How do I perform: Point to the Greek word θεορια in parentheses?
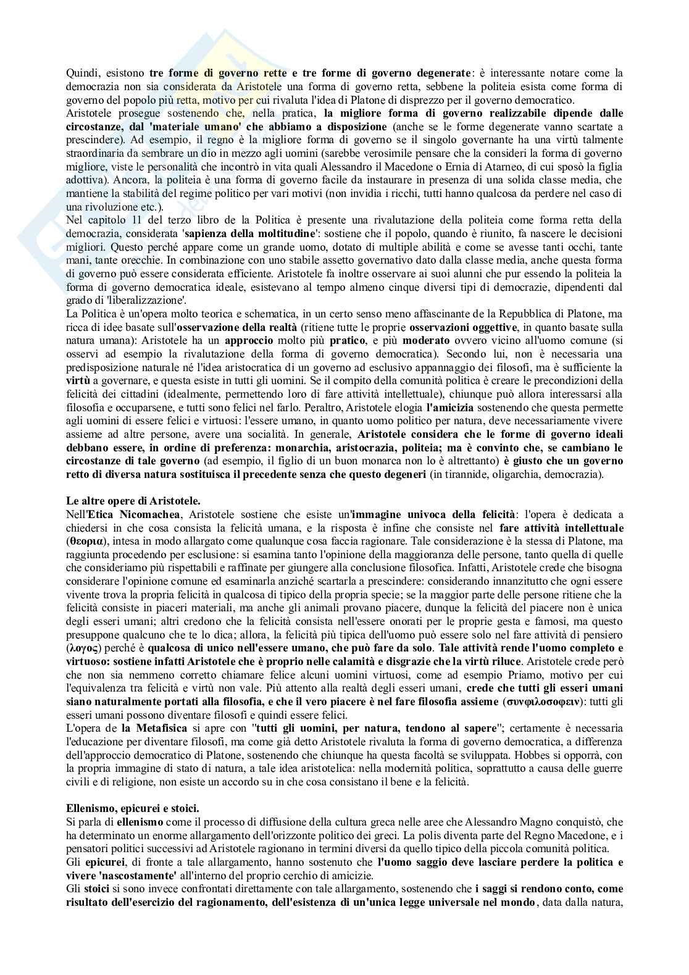coord(84,541)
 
